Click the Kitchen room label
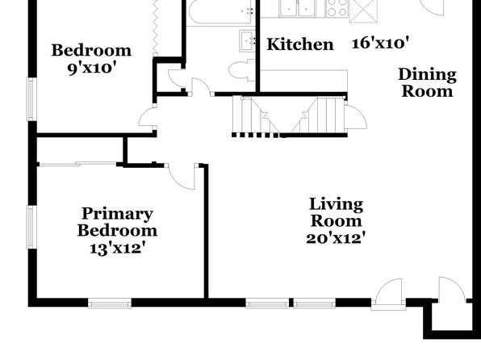pos(300,44)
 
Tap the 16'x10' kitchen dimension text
pos(380,43)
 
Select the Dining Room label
pos(427,83)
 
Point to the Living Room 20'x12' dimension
pos(336,238)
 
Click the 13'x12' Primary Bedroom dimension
pos(117,248)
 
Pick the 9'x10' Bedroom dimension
pos(91,68)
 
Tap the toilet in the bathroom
pos(242,70)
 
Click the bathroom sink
pos(247,41)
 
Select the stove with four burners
pos(337,8)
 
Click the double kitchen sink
pos(299,8)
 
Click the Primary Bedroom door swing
pos(182,178)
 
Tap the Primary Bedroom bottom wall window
pos(110,303)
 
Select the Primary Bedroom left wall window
pos(31,227)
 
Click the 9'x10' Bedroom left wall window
pos(31,99)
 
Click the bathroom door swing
pos(201,86)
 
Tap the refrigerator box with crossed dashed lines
pos(363,10)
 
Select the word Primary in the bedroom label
pos(117,214)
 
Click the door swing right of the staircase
pos(356,117)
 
